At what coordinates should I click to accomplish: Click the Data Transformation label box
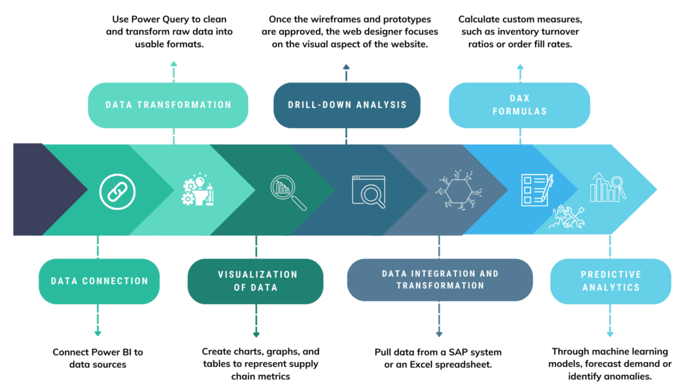[x=168, y=105]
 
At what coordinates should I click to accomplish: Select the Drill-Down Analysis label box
[x=346, y=105]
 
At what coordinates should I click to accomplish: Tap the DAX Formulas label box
[x=519, y=105]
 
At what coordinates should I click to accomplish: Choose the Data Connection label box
[x=99, y=281]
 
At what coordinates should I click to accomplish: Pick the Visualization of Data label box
[x=256, y=281]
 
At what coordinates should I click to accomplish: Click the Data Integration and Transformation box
[x=440, y=280]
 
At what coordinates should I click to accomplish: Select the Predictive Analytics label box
[x=610, y=281]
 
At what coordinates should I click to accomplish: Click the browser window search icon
[x=369, y=192]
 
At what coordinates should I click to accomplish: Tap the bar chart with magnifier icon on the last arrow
[x=607, y=187]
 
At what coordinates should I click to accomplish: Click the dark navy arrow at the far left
[x=41, y=189]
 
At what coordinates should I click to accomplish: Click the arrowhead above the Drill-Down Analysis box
[x=346, y=67]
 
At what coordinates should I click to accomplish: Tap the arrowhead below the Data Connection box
[x=98, y=333]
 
